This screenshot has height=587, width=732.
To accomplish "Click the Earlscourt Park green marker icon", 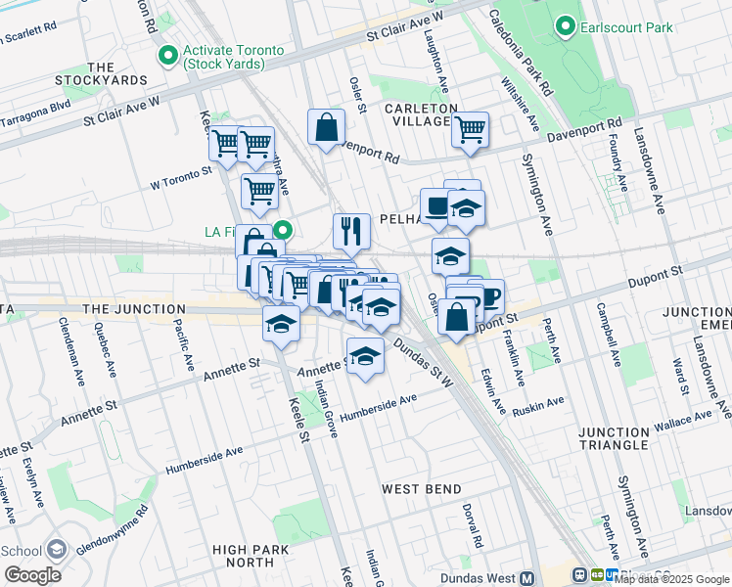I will pyautogui.click(x=565, y=26).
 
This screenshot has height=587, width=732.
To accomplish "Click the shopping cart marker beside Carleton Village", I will pyautogui.click(x=471, y=129).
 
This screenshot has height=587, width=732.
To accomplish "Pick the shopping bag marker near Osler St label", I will pyautogui.click(x=326, y=127).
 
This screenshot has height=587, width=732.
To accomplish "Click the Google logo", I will pyautogui.click(x=31, y=575).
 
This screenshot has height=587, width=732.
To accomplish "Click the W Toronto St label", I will pyautogui.click(x=180, y=176).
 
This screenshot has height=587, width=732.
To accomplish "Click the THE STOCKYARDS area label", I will pyautogui.click(x=101, y=73).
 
